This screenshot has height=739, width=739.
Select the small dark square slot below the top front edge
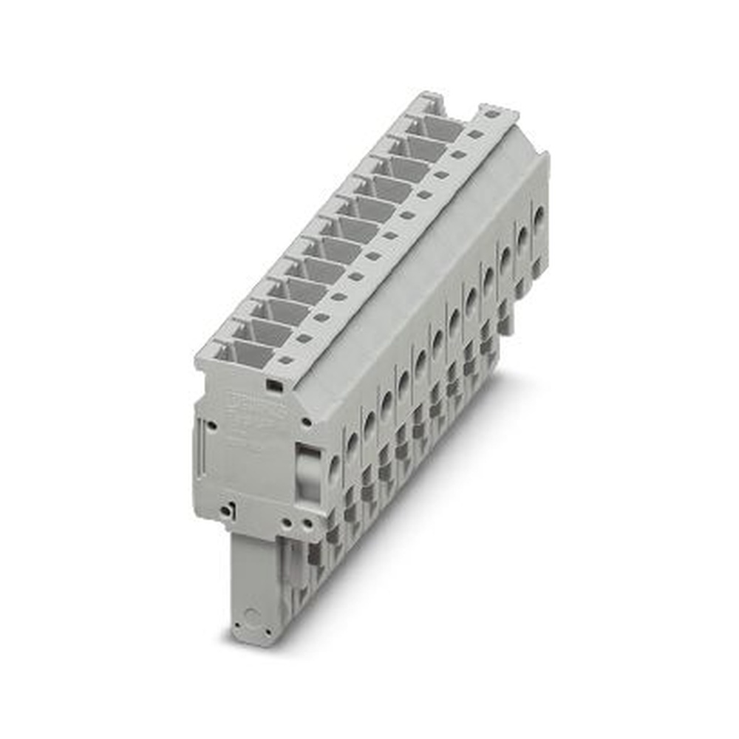coord(271,385)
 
